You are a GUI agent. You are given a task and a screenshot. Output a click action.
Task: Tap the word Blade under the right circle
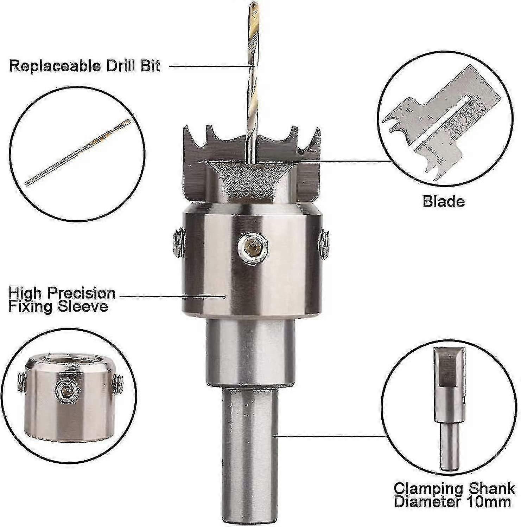pyautogui.click(x=443, y=201)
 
